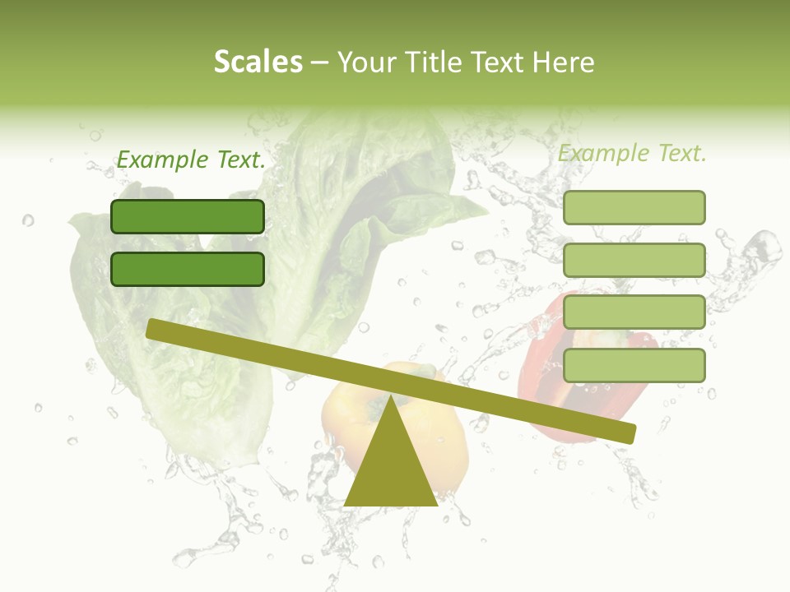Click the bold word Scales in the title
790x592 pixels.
[258, 62]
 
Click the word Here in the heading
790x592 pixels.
[563, 62]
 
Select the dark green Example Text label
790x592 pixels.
[191, 160]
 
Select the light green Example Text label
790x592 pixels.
[632, 153]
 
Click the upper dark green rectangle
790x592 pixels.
[188, 216]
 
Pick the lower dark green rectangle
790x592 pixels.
[188, 269]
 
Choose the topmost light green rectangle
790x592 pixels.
[634, 207]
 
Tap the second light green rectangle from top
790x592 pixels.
[634, 260]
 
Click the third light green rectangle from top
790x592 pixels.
[634, 312]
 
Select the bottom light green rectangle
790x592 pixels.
[634, 365]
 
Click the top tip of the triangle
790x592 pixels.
[391, 398]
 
